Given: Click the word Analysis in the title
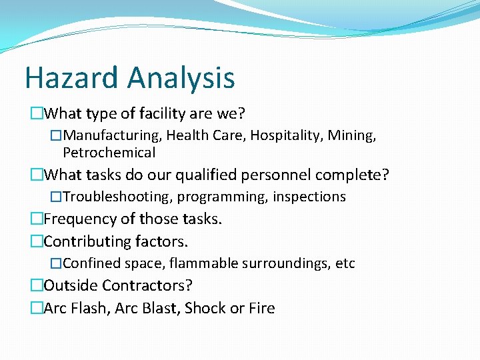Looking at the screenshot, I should (181, 77).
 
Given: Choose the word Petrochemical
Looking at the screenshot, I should (109, 153).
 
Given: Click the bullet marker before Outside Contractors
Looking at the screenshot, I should (37, 286).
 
